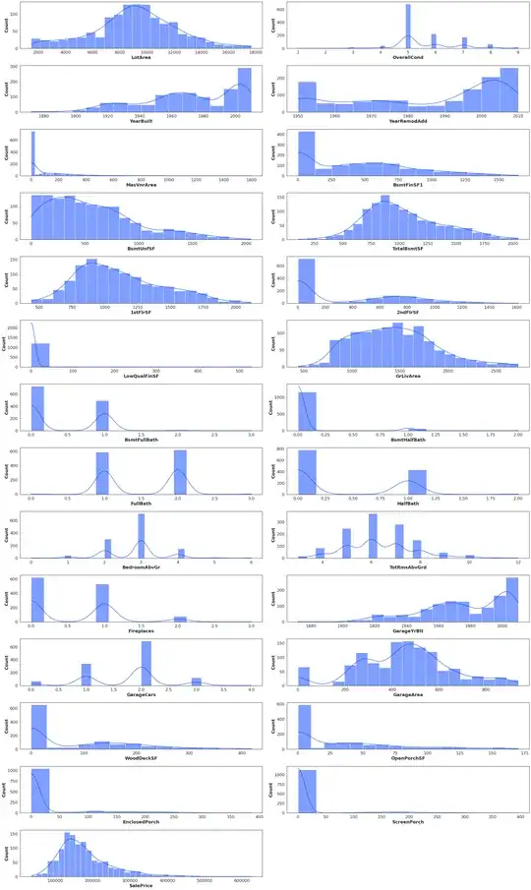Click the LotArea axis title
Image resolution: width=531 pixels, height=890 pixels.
pos(138,58)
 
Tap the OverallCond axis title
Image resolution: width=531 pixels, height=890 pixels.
pos(407,58)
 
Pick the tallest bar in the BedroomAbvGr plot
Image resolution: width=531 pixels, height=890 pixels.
pos(141,534)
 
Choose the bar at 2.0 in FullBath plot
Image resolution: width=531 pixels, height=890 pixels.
pos(180,472)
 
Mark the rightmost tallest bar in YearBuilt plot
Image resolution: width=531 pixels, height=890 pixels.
pos(245,89)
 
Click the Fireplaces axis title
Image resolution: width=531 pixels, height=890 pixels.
pos(138,631)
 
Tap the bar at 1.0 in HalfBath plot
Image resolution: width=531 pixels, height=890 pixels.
pos(418,481)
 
